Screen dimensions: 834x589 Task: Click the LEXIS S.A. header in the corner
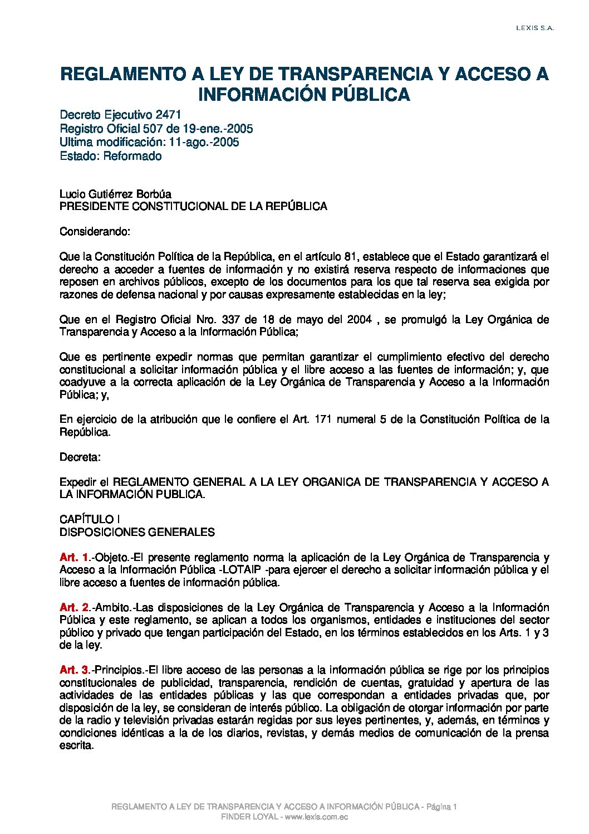[534, 28]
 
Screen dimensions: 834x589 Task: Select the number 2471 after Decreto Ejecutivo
[169, 115]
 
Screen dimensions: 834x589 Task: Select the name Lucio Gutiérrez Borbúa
[115, 194]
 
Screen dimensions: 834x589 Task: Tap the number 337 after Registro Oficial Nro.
[231, 320]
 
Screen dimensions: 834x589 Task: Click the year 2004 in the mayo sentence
[360, 320]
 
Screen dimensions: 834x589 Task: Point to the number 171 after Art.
[323, 420]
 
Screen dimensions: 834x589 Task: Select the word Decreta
[80, 457]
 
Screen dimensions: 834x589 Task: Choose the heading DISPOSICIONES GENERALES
[137, 532]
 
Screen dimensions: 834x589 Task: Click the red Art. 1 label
[74, 558]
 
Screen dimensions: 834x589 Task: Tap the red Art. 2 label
[74, 607]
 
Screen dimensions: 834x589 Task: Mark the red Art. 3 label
[74, 670]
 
